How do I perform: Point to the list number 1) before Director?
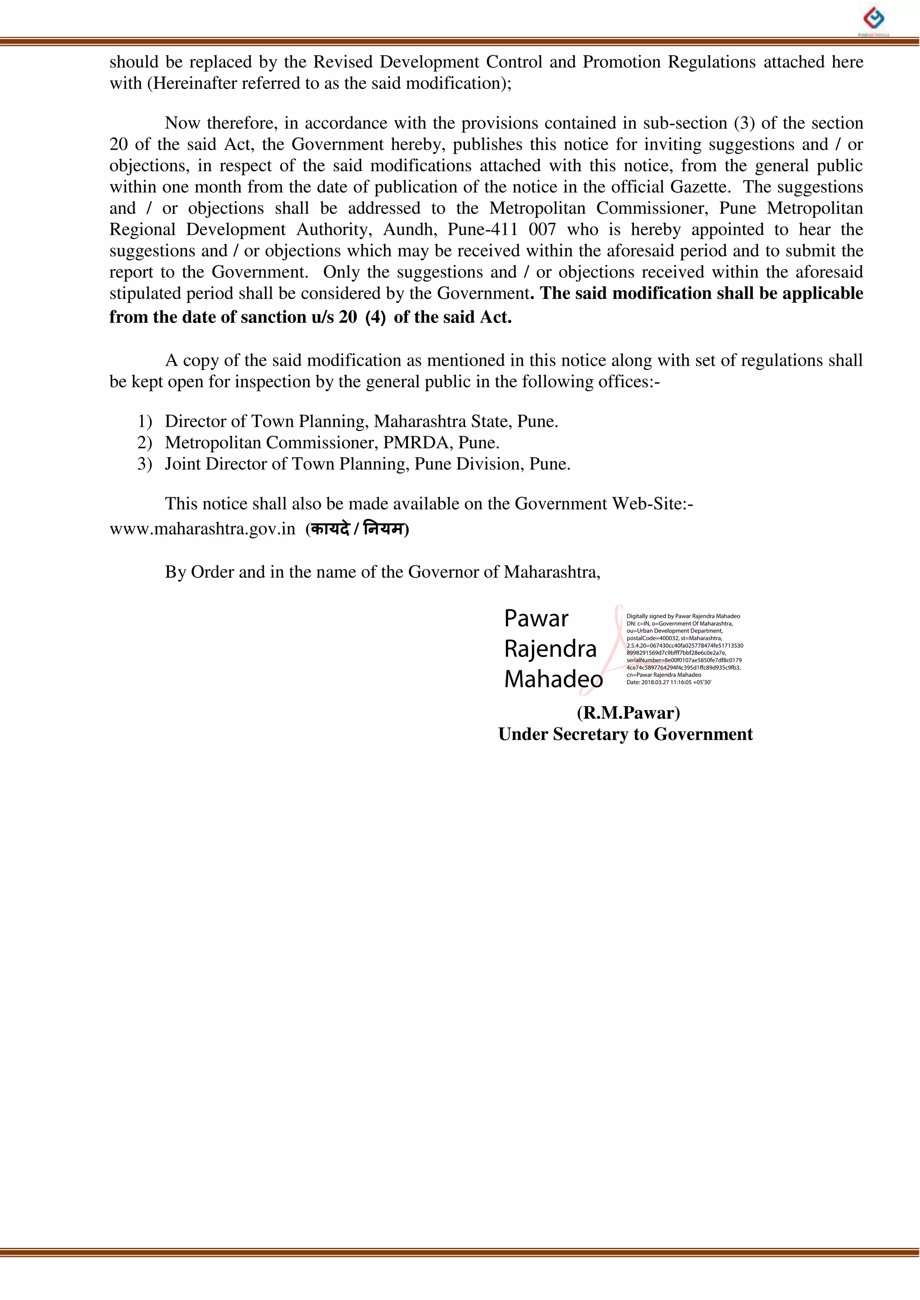[145, 421]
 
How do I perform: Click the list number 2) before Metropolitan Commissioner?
[145, 442]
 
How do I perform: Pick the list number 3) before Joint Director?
[145, 464]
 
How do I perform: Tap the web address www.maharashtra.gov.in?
[202, 529]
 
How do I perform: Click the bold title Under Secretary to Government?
[625, 734]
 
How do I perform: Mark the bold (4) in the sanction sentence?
[375, 317]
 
